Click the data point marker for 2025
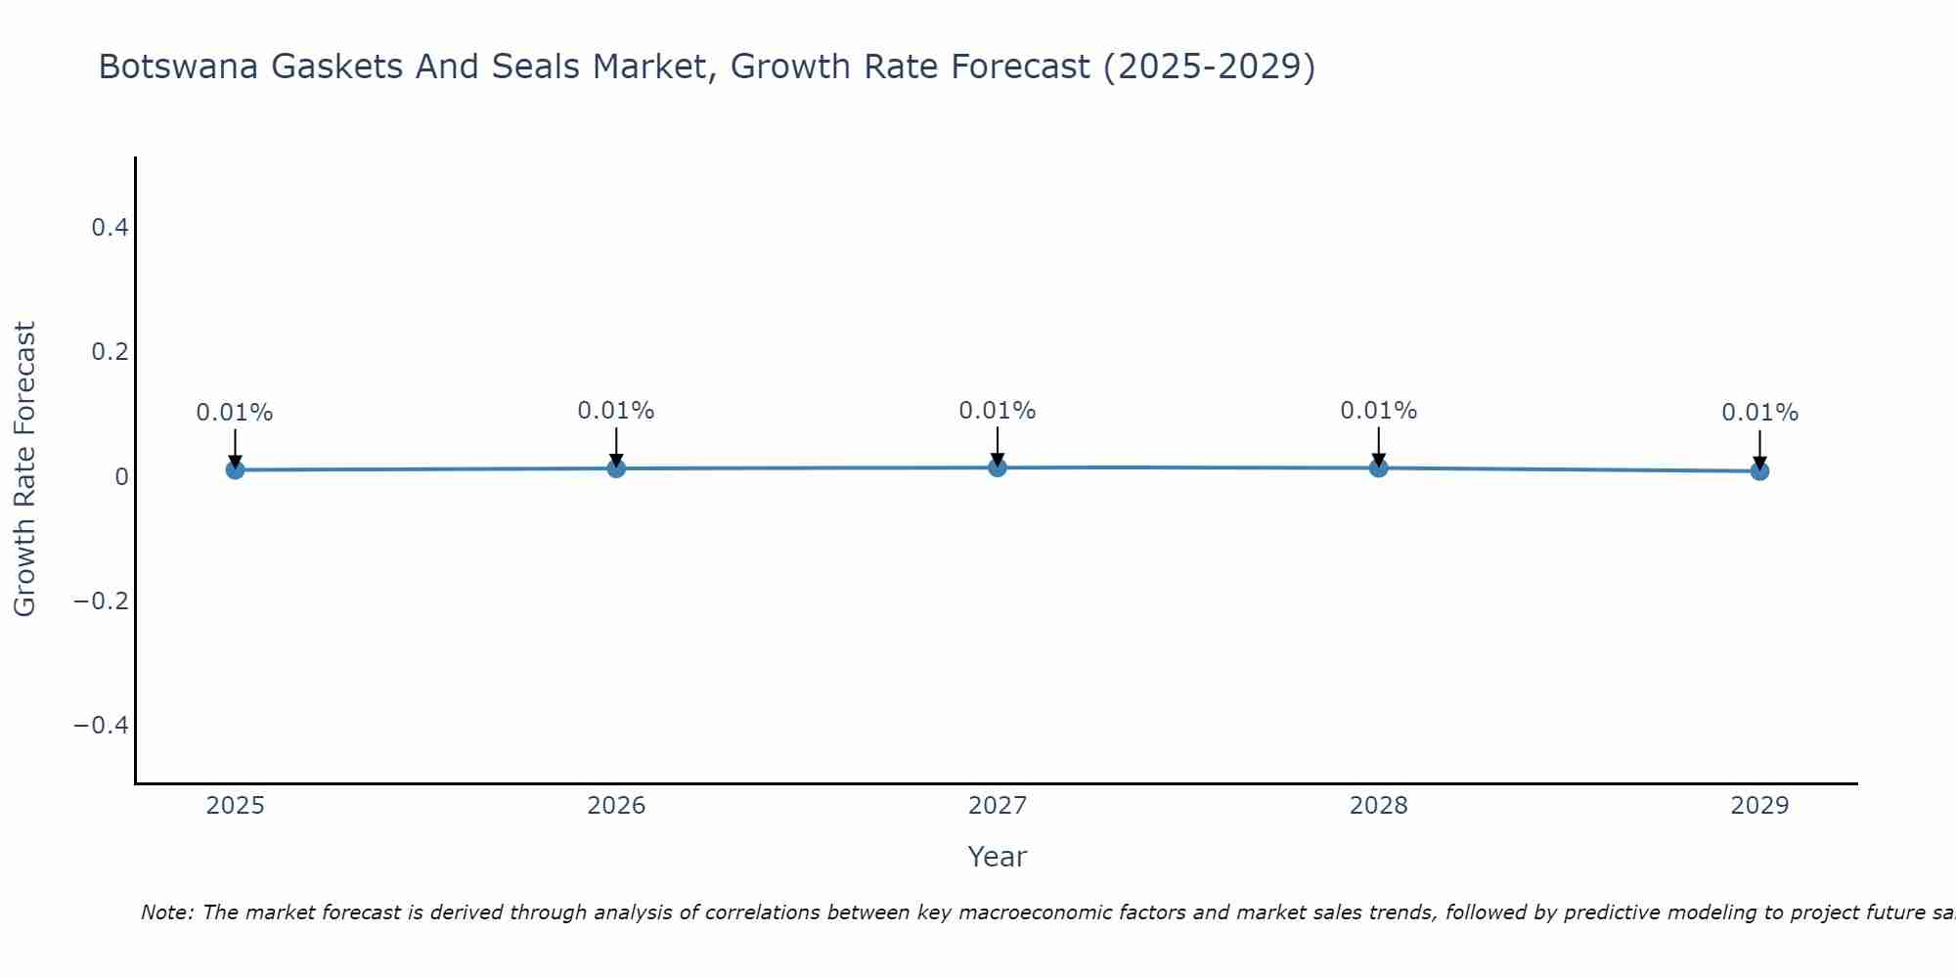coord(235,469)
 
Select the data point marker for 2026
coord(616,468)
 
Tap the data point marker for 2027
coord(998,467)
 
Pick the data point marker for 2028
coord(1379,467)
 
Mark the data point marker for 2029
coord(1759,471)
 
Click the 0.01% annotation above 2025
coord(235,413)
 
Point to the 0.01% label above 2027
coord(998,411)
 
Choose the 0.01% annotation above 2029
coord(1759,413)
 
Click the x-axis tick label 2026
coord(616,806)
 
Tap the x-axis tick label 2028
coord(1379,806)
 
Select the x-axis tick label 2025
coord(236,806)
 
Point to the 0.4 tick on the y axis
coord(110,228)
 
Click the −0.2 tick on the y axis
coord(102,600)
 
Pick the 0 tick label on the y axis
coord(121,476)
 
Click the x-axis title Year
coord(997,857)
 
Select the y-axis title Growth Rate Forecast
coord(24,468)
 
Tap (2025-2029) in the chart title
coord(1209,67)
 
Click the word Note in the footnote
coord(167,912)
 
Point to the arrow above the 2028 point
coord(1379,446)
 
